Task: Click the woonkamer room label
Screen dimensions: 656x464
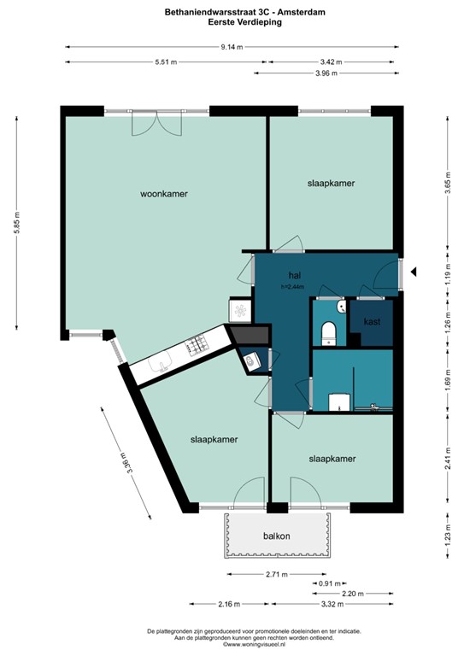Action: click(x=164, y=194)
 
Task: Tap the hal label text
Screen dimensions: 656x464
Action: click(x=296, y=275)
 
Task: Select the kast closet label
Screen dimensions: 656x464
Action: click(x=372, y=322)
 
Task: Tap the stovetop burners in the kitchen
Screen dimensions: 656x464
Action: click(x=198, y=346)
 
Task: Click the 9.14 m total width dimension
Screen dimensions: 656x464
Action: click(x=231, y=47)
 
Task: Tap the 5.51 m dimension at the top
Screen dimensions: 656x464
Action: click(x=166, y=62)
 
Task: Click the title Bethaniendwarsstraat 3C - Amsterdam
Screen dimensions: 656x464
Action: click(x=231, y=13)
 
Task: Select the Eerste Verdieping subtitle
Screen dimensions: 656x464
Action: click(x=231, y=23)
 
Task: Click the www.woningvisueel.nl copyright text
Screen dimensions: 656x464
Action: click(x=231, y=645)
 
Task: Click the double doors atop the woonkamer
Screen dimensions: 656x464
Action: click(x=157, y=124)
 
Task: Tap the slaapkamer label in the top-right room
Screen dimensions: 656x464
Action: click(x=332, y=184)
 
